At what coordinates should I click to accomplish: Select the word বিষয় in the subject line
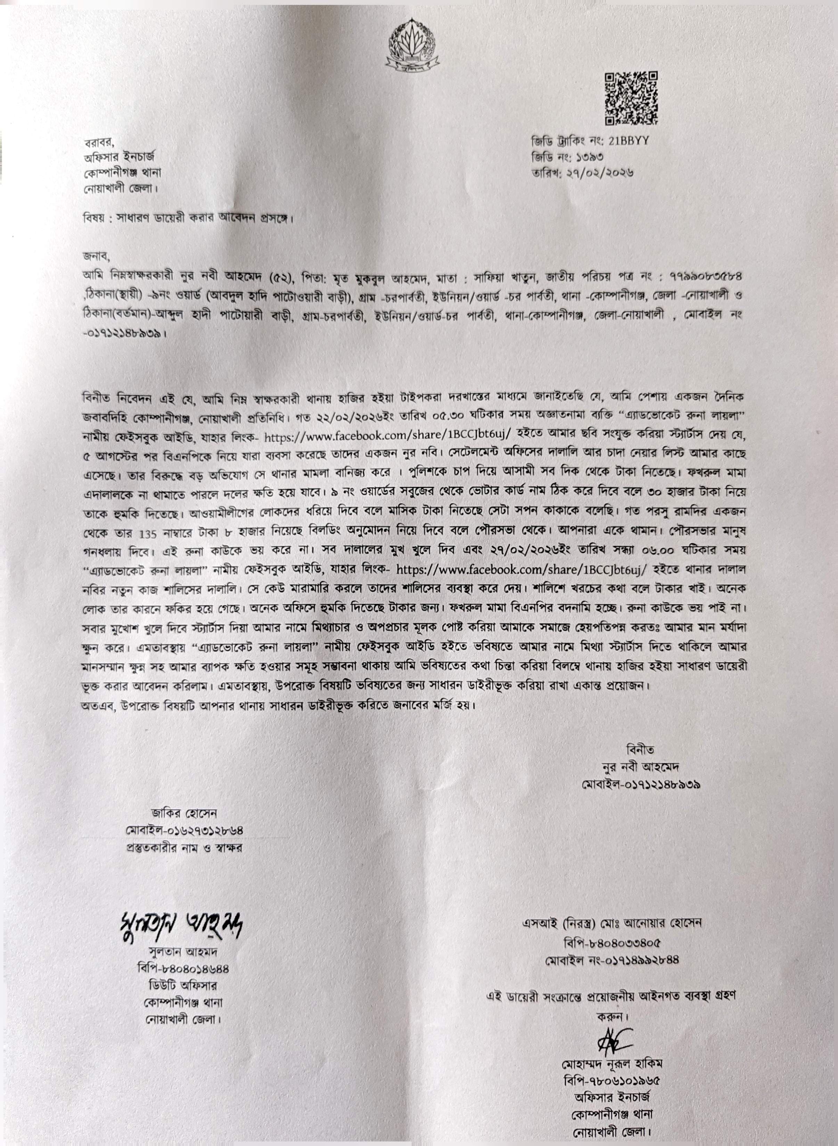point(95,218)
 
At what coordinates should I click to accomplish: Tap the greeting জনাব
point(95,256)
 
